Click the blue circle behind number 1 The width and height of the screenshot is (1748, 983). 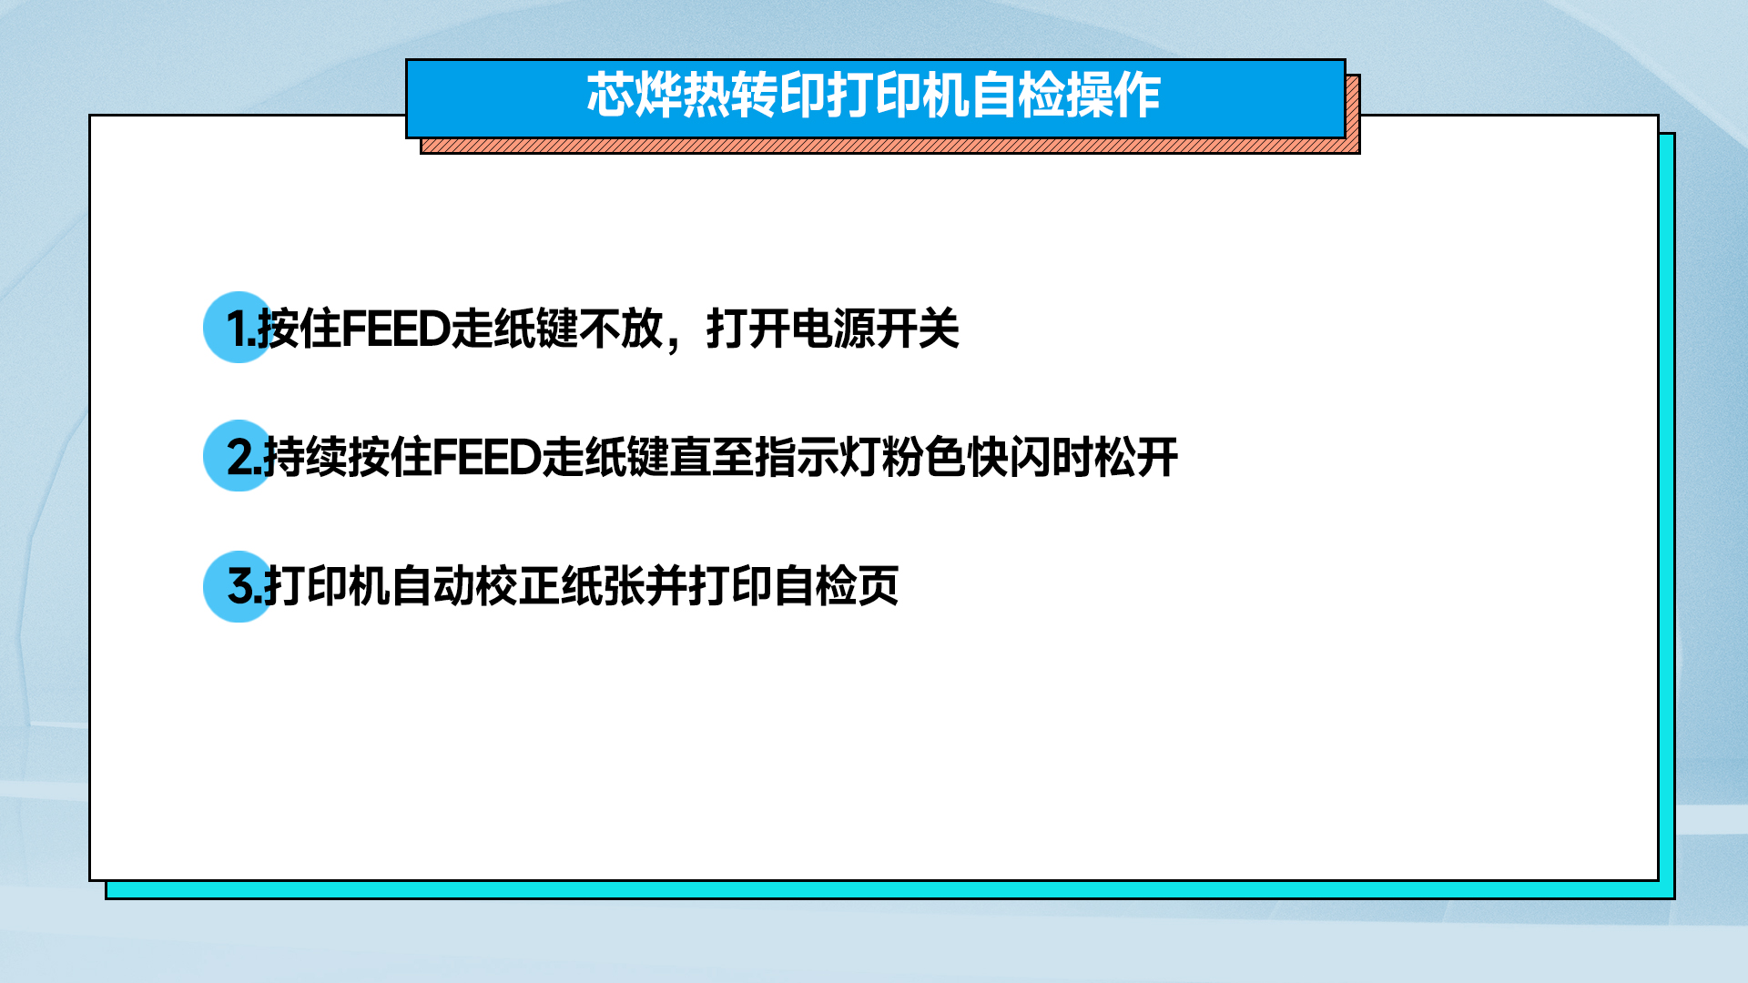[x=239, y=328]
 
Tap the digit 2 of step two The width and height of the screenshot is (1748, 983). [x=241, y=457]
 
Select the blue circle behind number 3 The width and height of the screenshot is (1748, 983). [x=239, y=586]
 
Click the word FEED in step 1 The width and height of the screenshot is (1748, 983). [x=396, y=329]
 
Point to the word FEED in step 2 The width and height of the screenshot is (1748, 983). [x=487, y=457]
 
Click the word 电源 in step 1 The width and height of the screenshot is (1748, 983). [x=833, y=329]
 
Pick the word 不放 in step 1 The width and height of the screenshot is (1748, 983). [x=621, y=329]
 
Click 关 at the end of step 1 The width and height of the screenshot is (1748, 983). [x=939, y=329]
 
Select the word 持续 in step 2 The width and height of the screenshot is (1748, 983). [x=306, y=457]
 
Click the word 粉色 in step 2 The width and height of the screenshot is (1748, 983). [x=924, y=457]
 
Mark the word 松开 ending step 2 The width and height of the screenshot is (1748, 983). [x=1137, y=457]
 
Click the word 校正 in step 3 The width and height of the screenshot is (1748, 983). [x=518, y=586]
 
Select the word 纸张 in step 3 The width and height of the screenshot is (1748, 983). [x=603, y=586]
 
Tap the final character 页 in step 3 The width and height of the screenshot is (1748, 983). [x=879, y=586]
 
